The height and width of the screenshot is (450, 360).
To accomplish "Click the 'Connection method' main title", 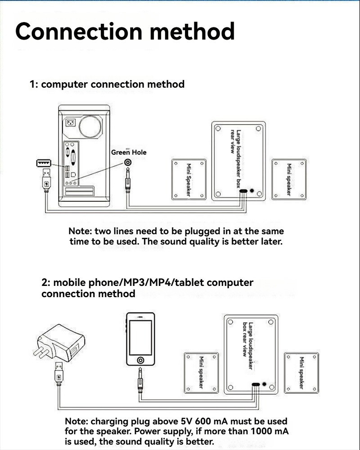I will click(125, 31).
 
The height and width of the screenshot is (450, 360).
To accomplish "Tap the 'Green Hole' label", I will click(129, 152).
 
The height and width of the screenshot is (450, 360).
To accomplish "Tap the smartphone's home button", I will click(141, 360).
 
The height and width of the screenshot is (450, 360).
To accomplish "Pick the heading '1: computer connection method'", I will click(107, 84).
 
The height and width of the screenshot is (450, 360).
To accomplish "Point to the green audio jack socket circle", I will click(129, 163).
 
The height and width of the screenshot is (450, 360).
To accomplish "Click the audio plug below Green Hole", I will click(129, 183).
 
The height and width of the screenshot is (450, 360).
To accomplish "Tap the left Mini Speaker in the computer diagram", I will click(189, 179).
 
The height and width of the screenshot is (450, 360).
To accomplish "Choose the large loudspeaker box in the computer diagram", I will click(238, 160).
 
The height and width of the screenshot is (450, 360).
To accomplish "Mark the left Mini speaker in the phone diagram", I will click(201, 372).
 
